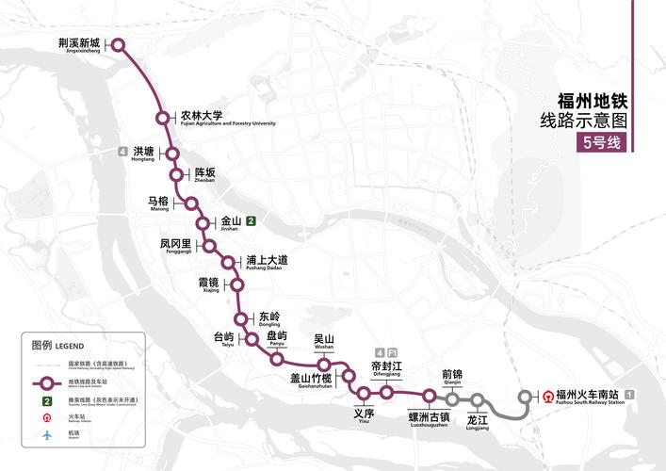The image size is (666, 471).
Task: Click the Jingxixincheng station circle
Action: [119, 44]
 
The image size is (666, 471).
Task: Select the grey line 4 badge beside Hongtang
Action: [122, 152]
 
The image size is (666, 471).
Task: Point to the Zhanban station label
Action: [204, 175]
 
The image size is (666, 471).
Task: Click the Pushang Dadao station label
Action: [267, 263]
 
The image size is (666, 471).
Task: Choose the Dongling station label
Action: [268, 319]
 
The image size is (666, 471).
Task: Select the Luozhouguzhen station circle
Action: [429, 396]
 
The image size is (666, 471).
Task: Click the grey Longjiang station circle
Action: [478, 399]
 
